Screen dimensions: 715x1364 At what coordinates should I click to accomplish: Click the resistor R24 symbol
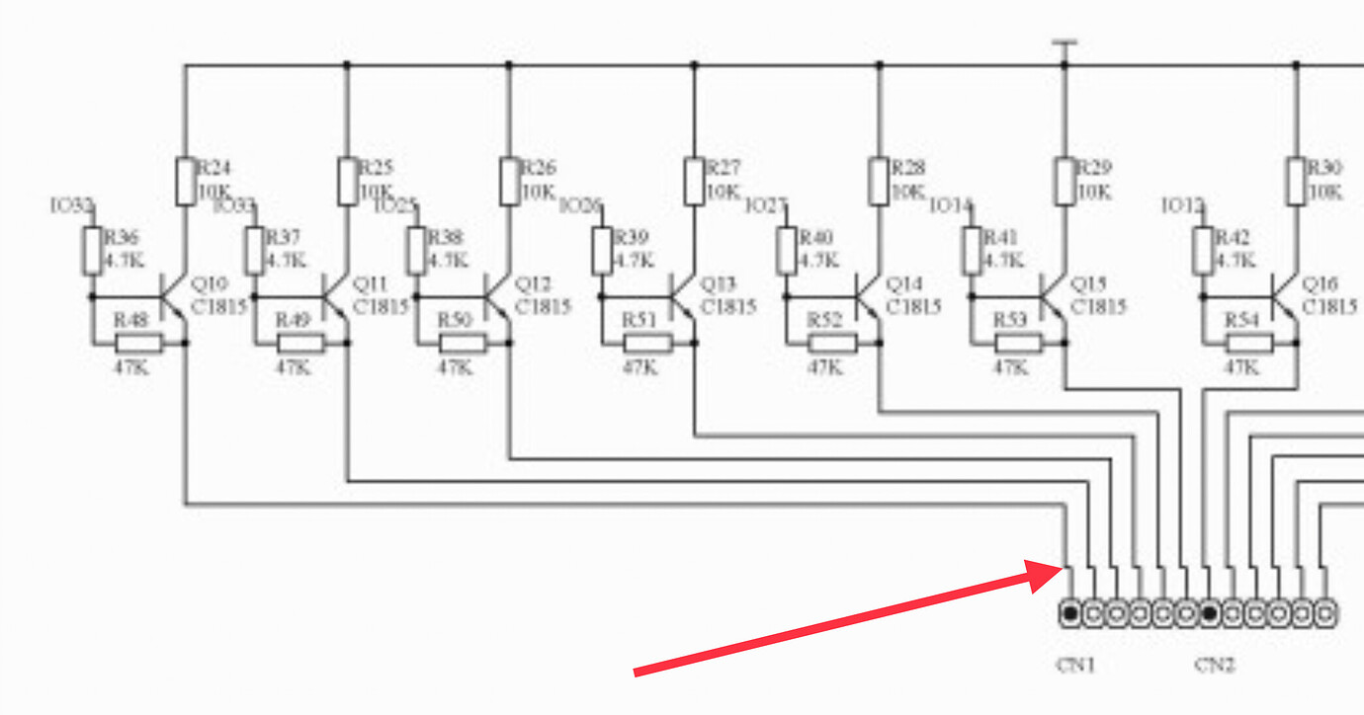click(185, 181)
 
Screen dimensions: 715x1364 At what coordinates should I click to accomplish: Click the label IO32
click(71, 206)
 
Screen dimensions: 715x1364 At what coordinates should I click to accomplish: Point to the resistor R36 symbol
click(92, 251)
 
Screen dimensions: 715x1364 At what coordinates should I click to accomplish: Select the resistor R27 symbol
click(694, 181)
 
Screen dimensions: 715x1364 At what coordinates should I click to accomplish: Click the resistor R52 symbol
click(831, 344)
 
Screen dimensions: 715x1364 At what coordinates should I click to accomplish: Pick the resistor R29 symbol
click(1065, 181)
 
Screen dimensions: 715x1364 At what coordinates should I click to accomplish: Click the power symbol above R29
click(1065, 44)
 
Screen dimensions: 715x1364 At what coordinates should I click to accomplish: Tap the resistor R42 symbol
click(1203, 251)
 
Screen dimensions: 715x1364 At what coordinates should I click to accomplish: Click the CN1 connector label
click(1075, 665)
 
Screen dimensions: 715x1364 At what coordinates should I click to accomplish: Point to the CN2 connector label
click(1215, 665)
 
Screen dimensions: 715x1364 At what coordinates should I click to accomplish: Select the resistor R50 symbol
click(462, 344)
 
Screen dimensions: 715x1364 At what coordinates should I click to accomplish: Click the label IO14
click(951, 206)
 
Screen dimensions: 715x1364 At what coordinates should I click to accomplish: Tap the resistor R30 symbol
click(1296, 181)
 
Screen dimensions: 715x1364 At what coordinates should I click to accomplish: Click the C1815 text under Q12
click(543, 306)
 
